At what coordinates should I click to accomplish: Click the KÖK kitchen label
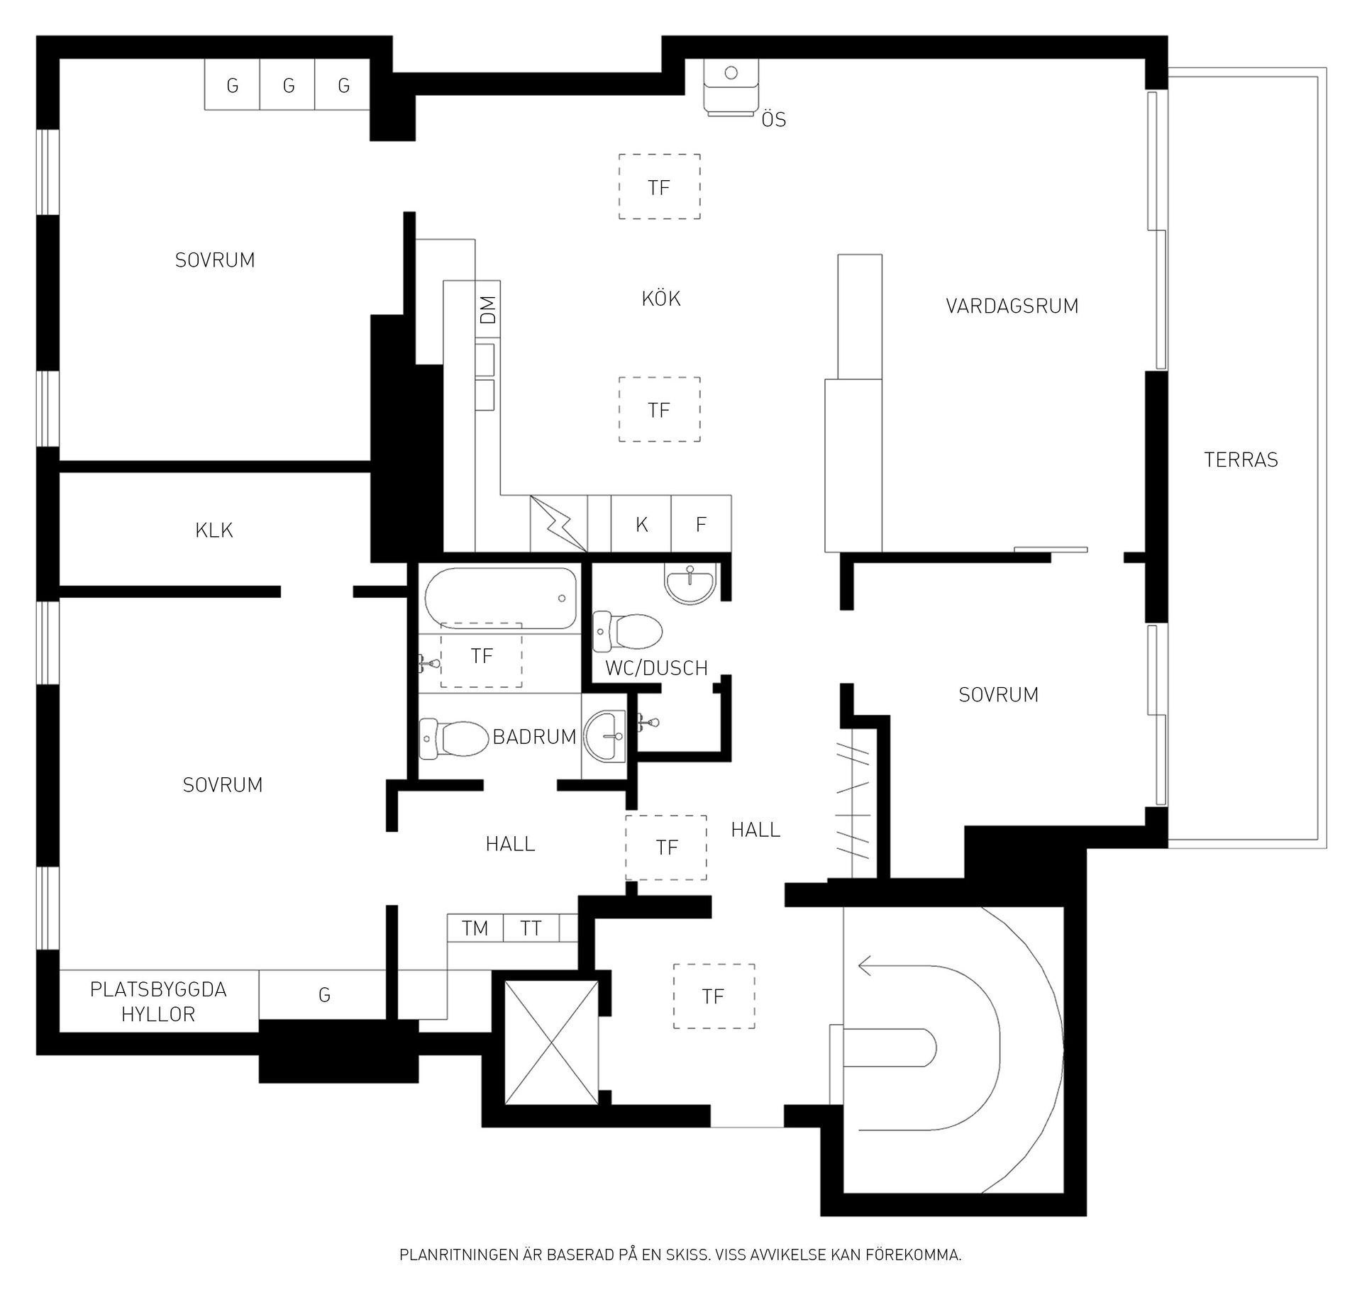pyautogui.click(x=661, y=299)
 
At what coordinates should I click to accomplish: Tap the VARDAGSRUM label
pyautogui.click(x=1012, y=306)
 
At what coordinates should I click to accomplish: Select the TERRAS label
pyautogui.click(x=1241, y=460)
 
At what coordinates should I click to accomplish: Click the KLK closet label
pyautogui.click(x=214, y=530)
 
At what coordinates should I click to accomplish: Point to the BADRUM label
pyautogui.click(x=534, y=737)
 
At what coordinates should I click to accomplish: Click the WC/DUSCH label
pyautogui.click(x=656, y=668)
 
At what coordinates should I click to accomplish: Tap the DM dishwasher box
pyautogui.click(x=488, y=309)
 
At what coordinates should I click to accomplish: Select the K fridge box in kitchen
pyautogui.click(x=641, y=523)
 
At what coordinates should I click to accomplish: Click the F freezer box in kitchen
pyautogui.click(x=701, y=523)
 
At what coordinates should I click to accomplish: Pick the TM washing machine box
pyautogui.click(x=475, y=928)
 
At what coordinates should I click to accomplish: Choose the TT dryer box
pyautogui.click(x=531, y=928)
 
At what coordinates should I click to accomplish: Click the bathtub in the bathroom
pyautogui.click(x=501, y=598)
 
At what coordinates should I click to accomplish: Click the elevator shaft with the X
pyautogui.click(x=551, y=1042)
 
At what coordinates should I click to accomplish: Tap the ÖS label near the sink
pyautogui.click(x=774, y=119)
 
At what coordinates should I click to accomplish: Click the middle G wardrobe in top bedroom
pyautogui.click(x=288, y=85)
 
